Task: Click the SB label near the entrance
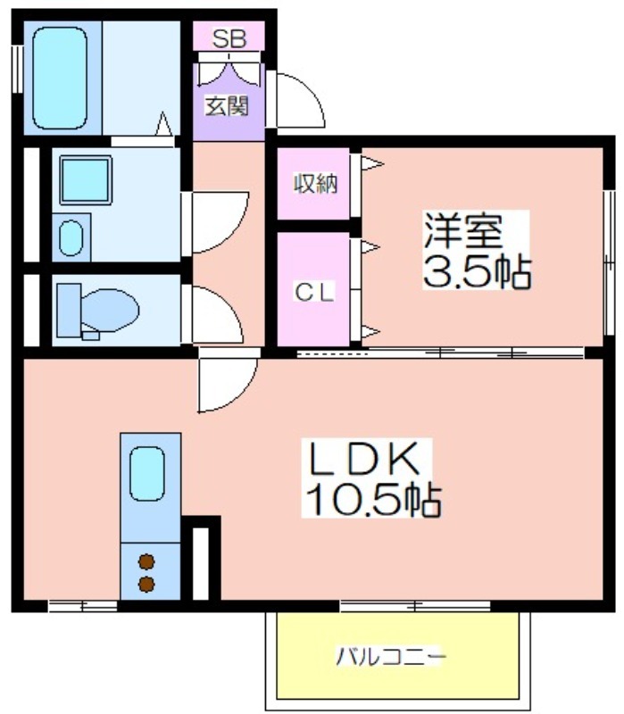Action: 229,38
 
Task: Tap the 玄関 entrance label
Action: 227,106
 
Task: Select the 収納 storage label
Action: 315,184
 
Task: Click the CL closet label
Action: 315,292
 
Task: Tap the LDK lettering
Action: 363,457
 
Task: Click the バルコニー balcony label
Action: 391,657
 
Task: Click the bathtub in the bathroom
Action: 60,79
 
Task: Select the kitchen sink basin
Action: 146,474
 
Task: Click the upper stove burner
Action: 146,562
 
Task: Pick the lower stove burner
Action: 146,584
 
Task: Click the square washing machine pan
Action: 86,180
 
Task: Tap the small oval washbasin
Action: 71,238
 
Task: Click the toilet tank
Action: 69,310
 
